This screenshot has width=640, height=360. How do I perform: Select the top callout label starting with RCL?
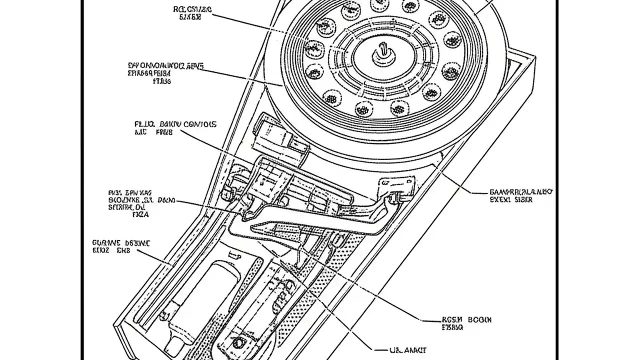click(192, 12)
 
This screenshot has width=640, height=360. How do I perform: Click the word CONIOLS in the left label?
click(199, 124)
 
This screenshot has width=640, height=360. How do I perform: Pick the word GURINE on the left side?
click(103, 242)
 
